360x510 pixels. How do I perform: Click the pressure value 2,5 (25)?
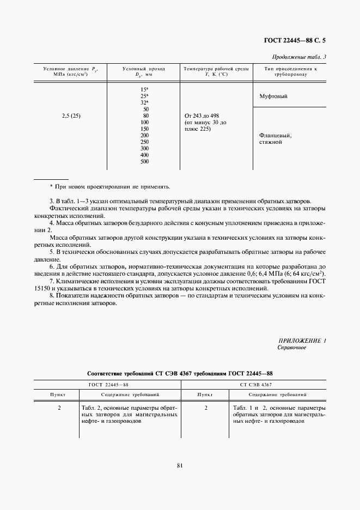(x=71, y=116)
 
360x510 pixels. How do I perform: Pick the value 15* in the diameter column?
(x=144, y=89)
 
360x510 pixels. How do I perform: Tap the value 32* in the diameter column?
(x=144, y=102)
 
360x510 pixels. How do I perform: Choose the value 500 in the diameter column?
(x=144, y=161)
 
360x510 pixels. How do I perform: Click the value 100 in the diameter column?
(x=144, y=122)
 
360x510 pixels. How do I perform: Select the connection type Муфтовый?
(x=273, y=96)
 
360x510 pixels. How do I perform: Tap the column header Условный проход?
(x=144, y=69)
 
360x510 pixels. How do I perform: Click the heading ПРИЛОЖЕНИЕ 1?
(x=302, y=341)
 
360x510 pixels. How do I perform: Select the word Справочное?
(x=292, y=347)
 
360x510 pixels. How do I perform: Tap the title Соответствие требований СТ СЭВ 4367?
(x=180, y=373)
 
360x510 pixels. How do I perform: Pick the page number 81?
(x=180, y=465)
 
